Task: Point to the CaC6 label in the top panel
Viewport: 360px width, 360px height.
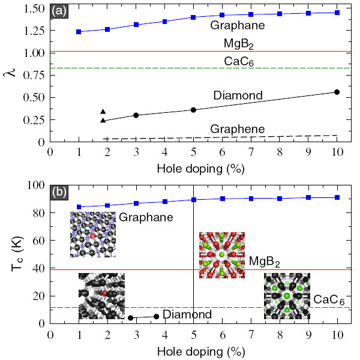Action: [239, 61]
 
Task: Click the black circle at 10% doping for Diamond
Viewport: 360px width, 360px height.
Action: [337, 92]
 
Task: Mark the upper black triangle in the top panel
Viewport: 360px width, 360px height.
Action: [103, 112]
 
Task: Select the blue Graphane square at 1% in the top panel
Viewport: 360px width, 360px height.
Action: [79, 31]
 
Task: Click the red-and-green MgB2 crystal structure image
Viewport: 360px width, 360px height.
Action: [222, 255]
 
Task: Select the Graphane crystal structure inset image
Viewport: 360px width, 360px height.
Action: [92, 235]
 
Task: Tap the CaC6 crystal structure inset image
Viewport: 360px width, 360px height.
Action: [287, 296]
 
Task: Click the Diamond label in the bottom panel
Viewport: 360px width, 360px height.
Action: [187, 314]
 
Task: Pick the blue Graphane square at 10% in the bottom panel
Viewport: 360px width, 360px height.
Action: [337, 197]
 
